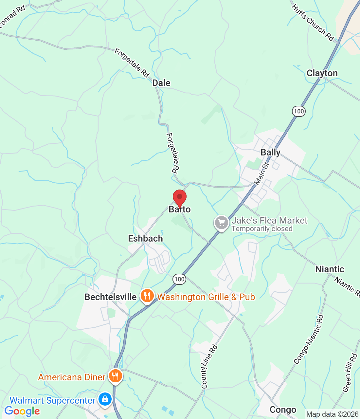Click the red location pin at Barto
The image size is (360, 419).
pyautogui.click(x=179, y=197)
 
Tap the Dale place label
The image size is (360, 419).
pyautogui.click(x=161, y=83)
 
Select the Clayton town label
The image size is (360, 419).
pyautogui.click(x=322, y=73)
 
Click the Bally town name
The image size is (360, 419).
pyautogui.click(x=270, y=153)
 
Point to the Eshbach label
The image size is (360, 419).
pyautogui.click(x=145, y=239)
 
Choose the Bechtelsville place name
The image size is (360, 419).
pyautogui.click(x=110, y=297)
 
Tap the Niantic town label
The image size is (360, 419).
pyautogui.click(x=330, y=269)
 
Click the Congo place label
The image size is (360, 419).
pyautogui.click(x=283, y=410)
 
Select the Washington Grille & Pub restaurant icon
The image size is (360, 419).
pyautogui.click(x=147, y=296)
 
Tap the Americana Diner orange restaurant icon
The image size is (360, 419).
pyautogui.click(x=115, y=376)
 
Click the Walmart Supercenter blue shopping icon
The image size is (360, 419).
pyautogui.click(x=105, y=400)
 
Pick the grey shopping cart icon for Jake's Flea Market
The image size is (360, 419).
pyautogui.click(x=222, y=223)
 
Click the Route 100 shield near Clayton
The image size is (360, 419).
pyautogui.click(x=298, y=111)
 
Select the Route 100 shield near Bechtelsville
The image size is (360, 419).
pyautogui.click(x=179, y=279)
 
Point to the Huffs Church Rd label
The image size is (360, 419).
pyautogui.click(x=313, y=23)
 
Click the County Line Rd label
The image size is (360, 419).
pyautogui.click(x=209, y=367)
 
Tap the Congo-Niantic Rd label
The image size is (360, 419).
pyautogui.click(x=309, y=339)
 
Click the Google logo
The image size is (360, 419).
pyautogui.click(x=22, y=411)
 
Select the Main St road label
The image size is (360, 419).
pyautogui.click(x=261, y=173)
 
